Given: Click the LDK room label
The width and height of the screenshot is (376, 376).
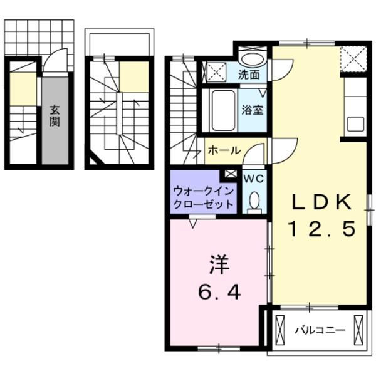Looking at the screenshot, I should pyautogui.click(x=321, y=202).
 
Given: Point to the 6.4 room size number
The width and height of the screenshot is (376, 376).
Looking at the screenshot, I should pyautogui.click(x=219, y=292).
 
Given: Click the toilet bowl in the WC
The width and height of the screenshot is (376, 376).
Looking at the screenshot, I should pyautogui.click(x=254, y=201).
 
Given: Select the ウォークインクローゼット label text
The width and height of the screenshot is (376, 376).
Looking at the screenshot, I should pyautogui.click(x=204, y=197).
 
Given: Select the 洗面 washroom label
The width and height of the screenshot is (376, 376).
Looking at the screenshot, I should pyautogui.click(x=249, y=75).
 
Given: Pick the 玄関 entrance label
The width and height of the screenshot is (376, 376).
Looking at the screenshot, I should pyautogui.click(x=55, y=115).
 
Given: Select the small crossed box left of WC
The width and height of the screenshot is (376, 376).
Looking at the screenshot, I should pyautogui.click(x=231, y=174).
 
